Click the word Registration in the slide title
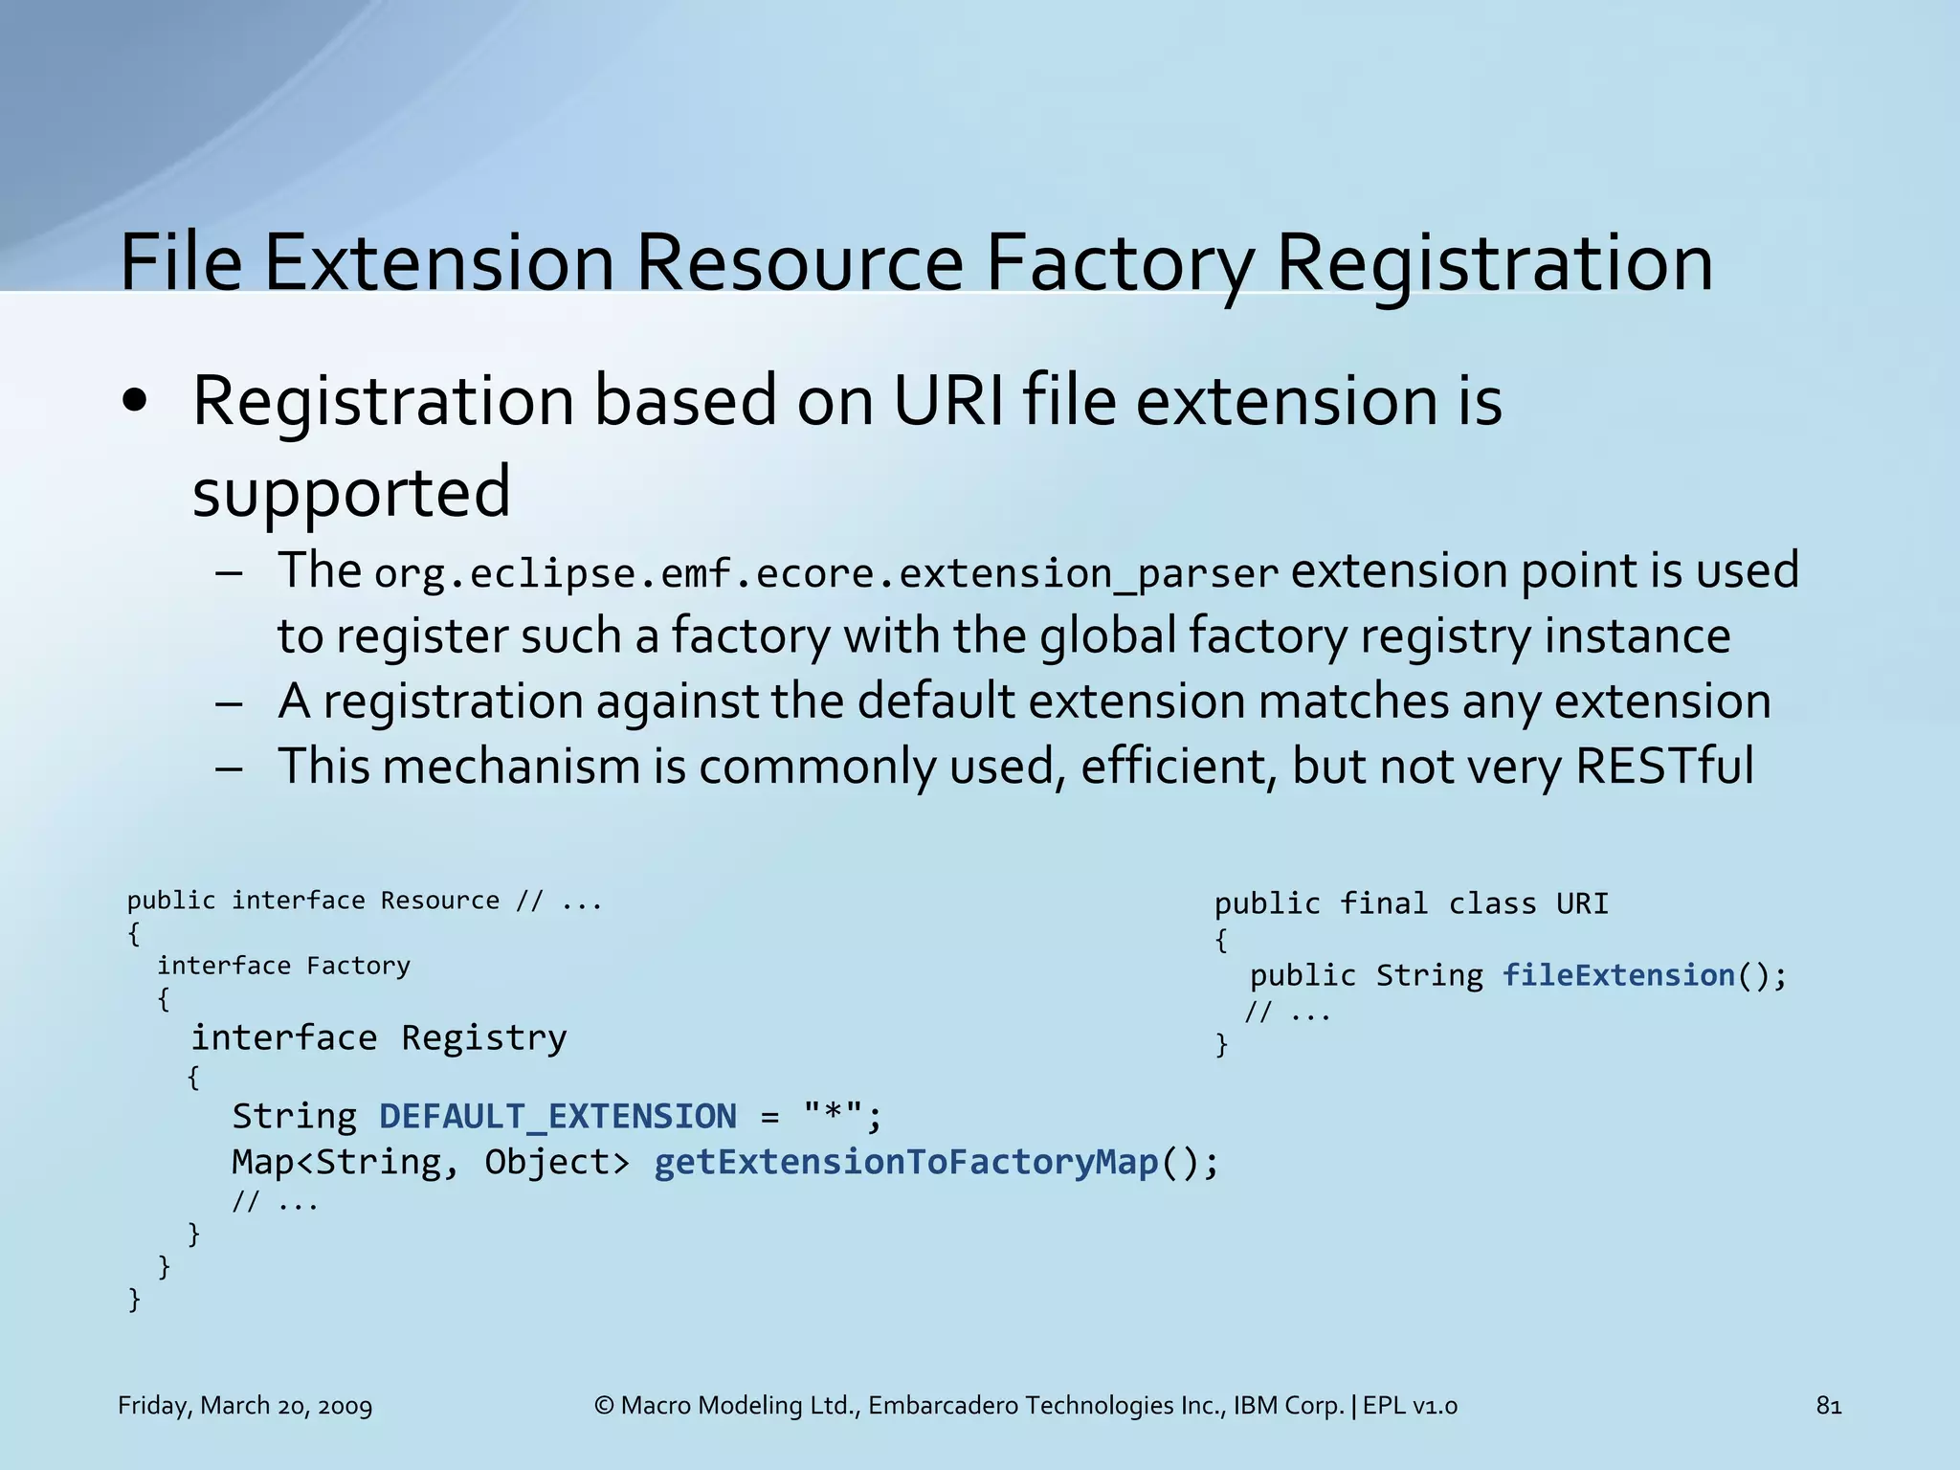click(x=1494, y=263)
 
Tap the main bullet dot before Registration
click(x=135, y=402)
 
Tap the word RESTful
click(x=1664, y=767)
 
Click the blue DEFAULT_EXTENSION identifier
click(x=558, y=1117)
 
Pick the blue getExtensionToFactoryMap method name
click(x=905, y=1162)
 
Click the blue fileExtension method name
click(x=1618, y=975)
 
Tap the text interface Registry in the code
click(x=379, y=1038)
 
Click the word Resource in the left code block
click(x=439, y=901)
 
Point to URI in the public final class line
click(x=1582, y=903)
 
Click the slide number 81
click(x=1828, y=1406)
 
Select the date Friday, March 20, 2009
click(x=245, y=1406)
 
